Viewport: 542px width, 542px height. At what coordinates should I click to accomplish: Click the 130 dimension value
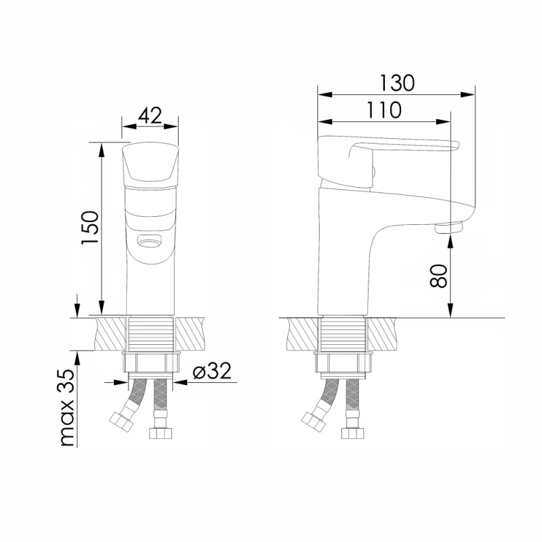(397, 83)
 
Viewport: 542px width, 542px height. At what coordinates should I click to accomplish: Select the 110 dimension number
(384, 110)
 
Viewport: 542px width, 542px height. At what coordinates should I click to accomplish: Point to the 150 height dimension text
(91, 228)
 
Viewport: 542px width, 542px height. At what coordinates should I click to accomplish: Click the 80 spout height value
(438, 276)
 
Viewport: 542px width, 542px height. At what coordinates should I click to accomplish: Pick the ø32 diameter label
(212, 371)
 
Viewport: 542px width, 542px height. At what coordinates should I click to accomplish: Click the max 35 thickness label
(67, 408)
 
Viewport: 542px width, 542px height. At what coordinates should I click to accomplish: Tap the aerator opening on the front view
(149, 240)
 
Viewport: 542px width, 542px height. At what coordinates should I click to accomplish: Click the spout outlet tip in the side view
(449, 228)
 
